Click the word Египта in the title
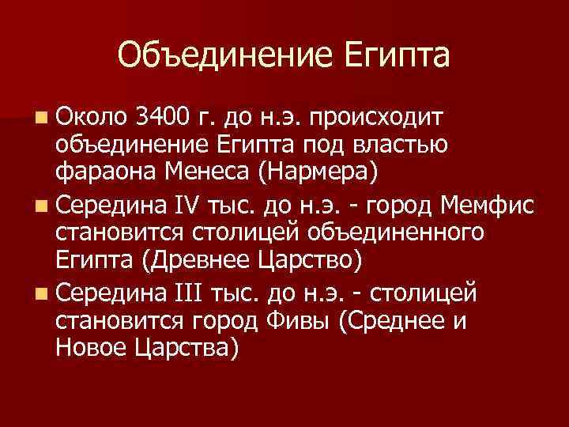398,57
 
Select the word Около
91,119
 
